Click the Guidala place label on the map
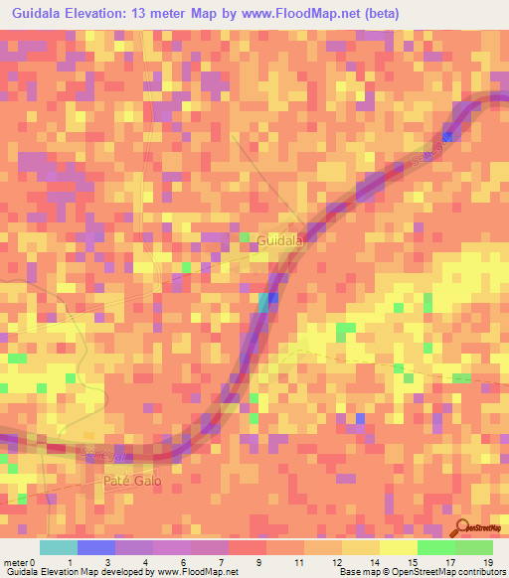pos(279,240)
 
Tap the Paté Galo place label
pos(132,480)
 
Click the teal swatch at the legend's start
pos(59,547)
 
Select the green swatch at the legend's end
pos(473,547)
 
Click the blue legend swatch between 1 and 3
pos(96,547)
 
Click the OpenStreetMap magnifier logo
pos(462,529)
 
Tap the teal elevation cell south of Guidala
pos(264,302)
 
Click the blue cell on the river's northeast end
pos(448,137)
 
